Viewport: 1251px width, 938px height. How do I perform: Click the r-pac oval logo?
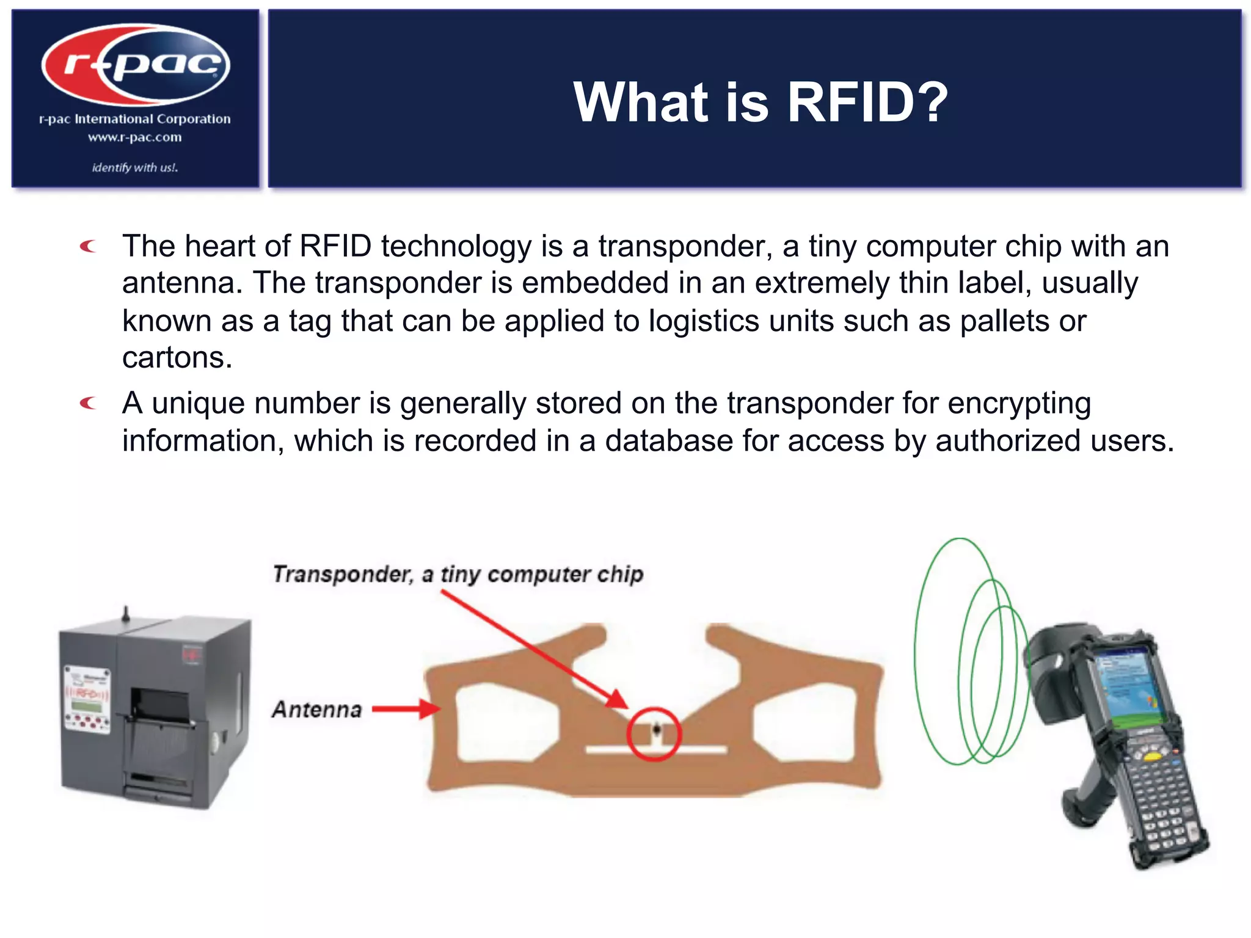[136, 64]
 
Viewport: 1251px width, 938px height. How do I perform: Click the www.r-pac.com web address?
[135, 137]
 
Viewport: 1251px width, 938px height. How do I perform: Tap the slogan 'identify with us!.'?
[135, 167]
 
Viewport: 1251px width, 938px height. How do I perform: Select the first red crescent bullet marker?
[89, 246]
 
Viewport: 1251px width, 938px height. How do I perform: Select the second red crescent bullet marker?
[89, 403]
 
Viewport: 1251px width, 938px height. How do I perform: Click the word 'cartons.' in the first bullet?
[177, 358]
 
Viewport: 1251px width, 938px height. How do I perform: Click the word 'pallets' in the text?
[1005, 321]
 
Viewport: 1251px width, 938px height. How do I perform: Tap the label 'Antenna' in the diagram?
[317, 709]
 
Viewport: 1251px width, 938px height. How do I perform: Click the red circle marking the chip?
[654, 733]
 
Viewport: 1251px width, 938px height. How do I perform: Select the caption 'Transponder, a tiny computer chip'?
[458, 574]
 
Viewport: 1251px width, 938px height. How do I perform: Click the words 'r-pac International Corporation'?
[135, 119]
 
